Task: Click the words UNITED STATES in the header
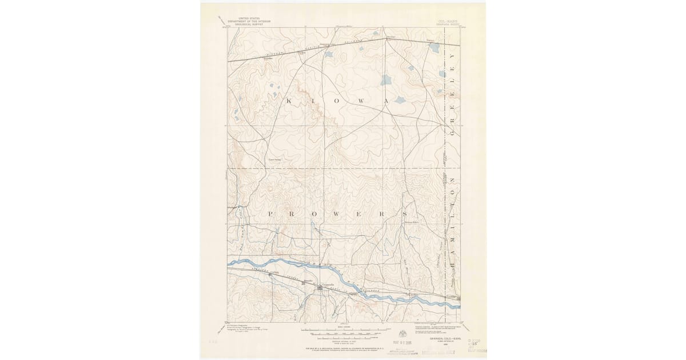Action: tap(249, 18)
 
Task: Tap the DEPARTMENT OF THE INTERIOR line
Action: tap(249, 21)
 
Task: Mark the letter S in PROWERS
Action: tap(402, 213)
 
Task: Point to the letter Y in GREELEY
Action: tap(452, 57)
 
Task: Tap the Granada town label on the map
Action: tap(328, 284)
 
